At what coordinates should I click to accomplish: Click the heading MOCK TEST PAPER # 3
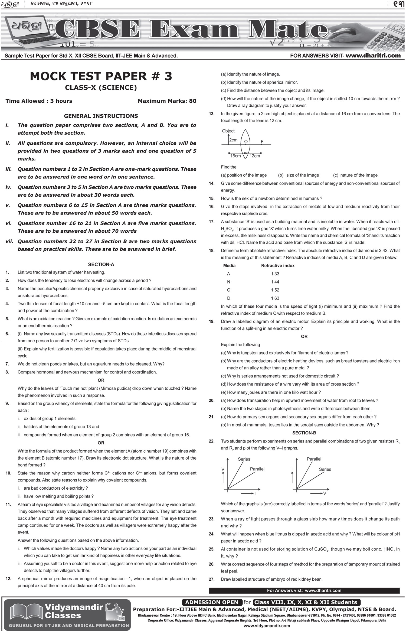pos(101,76)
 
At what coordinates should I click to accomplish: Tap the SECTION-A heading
pos(101,265)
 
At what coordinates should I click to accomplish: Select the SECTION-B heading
pos(304,433)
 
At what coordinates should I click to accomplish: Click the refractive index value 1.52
pos(275,290)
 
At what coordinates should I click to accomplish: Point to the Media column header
pos(229,266)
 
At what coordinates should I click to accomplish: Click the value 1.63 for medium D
pos(275,298)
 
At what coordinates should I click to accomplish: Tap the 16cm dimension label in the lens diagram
pos(235,156)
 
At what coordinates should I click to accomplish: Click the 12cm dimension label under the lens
pos(254,156)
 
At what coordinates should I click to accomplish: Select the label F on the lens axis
pos(262,141)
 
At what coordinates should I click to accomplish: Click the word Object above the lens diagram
pos(228,131)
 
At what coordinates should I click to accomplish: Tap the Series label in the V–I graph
pos(244,459)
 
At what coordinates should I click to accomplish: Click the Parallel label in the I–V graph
pos(314,459)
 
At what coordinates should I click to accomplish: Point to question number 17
pos(212,222)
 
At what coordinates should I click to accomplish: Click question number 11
pos(8,505)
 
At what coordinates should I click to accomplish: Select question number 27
pos(212,579)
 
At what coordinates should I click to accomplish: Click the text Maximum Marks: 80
pos(167,101)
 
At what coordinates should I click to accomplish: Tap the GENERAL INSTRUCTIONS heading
pos(101,116)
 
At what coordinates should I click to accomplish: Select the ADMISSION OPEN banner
pos(212,602)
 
